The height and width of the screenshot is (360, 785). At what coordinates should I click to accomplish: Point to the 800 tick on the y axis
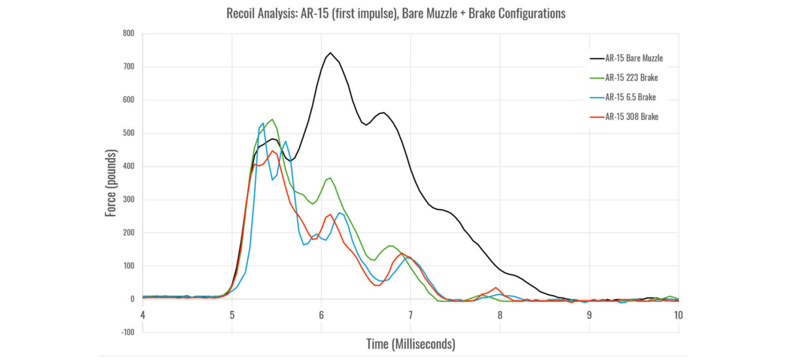[x=129, y=33]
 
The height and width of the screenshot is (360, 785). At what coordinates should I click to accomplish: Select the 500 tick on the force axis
[x=129, y=133]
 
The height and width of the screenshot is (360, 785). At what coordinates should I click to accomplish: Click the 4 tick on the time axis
[x=143, y=314]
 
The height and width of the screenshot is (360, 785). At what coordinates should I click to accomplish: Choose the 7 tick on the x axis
[x=410, y=314]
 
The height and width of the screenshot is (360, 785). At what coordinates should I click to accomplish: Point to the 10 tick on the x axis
[x=678, y=314]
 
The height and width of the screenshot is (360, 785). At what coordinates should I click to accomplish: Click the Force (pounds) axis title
[x=111, y=183]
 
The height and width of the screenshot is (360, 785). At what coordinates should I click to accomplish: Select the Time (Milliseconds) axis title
[x=410, y=343]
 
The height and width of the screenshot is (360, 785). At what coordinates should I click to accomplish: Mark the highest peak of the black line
[x=330, y=53]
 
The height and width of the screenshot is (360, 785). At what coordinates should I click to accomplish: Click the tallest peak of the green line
[x=272, y=120]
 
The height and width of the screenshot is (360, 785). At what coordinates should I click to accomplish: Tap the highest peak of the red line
[x=273, y=151]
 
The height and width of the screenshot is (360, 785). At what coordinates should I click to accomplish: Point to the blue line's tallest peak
[x=263, y=122]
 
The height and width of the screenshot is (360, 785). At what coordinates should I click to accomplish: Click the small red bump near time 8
[x=496, y=288]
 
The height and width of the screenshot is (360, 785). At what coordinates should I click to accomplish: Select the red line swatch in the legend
[x=596, y=117]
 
